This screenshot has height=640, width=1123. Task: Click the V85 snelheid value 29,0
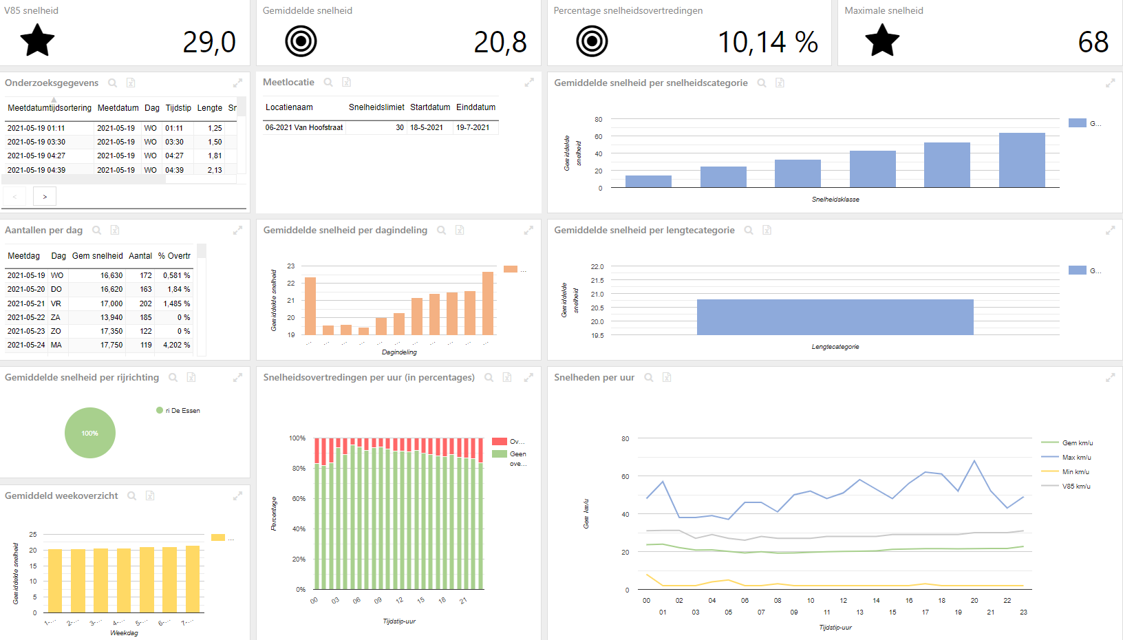tap(209, 43)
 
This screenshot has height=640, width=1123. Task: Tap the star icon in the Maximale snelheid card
tap(882, 41)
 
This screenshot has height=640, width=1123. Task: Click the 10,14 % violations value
tap(767, 43)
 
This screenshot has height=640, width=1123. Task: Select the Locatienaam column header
tap(289, 107)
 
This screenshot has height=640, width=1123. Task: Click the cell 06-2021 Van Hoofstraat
tap(304, 127)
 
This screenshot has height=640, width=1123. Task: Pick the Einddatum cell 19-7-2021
tap(473, 127)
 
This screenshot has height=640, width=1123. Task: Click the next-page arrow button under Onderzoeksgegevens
tap(45, 197)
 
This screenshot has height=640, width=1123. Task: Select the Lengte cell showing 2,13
tap(215, 170)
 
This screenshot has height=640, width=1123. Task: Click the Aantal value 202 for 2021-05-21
tap(145, 303)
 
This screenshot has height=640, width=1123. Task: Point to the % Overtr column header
tap(174, 256)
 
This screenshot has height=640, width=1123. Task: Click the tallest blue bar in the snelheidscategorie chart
tap(1022, 160)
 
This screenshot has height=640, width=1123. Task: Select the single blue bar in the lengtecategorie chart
tap(835, 317)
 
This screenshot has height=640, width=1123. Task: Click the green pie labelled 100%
tap(90, 433)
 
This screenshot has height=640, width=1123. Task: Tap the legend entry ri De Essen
tap(182, 411)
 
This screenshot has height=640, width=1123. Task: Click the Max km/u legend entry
tap(1076, 458)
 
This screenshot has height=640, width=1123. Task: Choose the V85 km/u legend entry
tap(1076, 487)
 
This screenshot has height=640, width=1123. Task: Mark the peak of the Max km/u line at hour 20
tap(974, 461)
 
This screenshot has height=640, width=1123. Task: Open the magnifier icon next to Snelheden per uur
tap(648, 378)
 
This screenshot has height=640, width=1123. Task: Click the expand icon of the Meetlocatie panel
tap(529, 83)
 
